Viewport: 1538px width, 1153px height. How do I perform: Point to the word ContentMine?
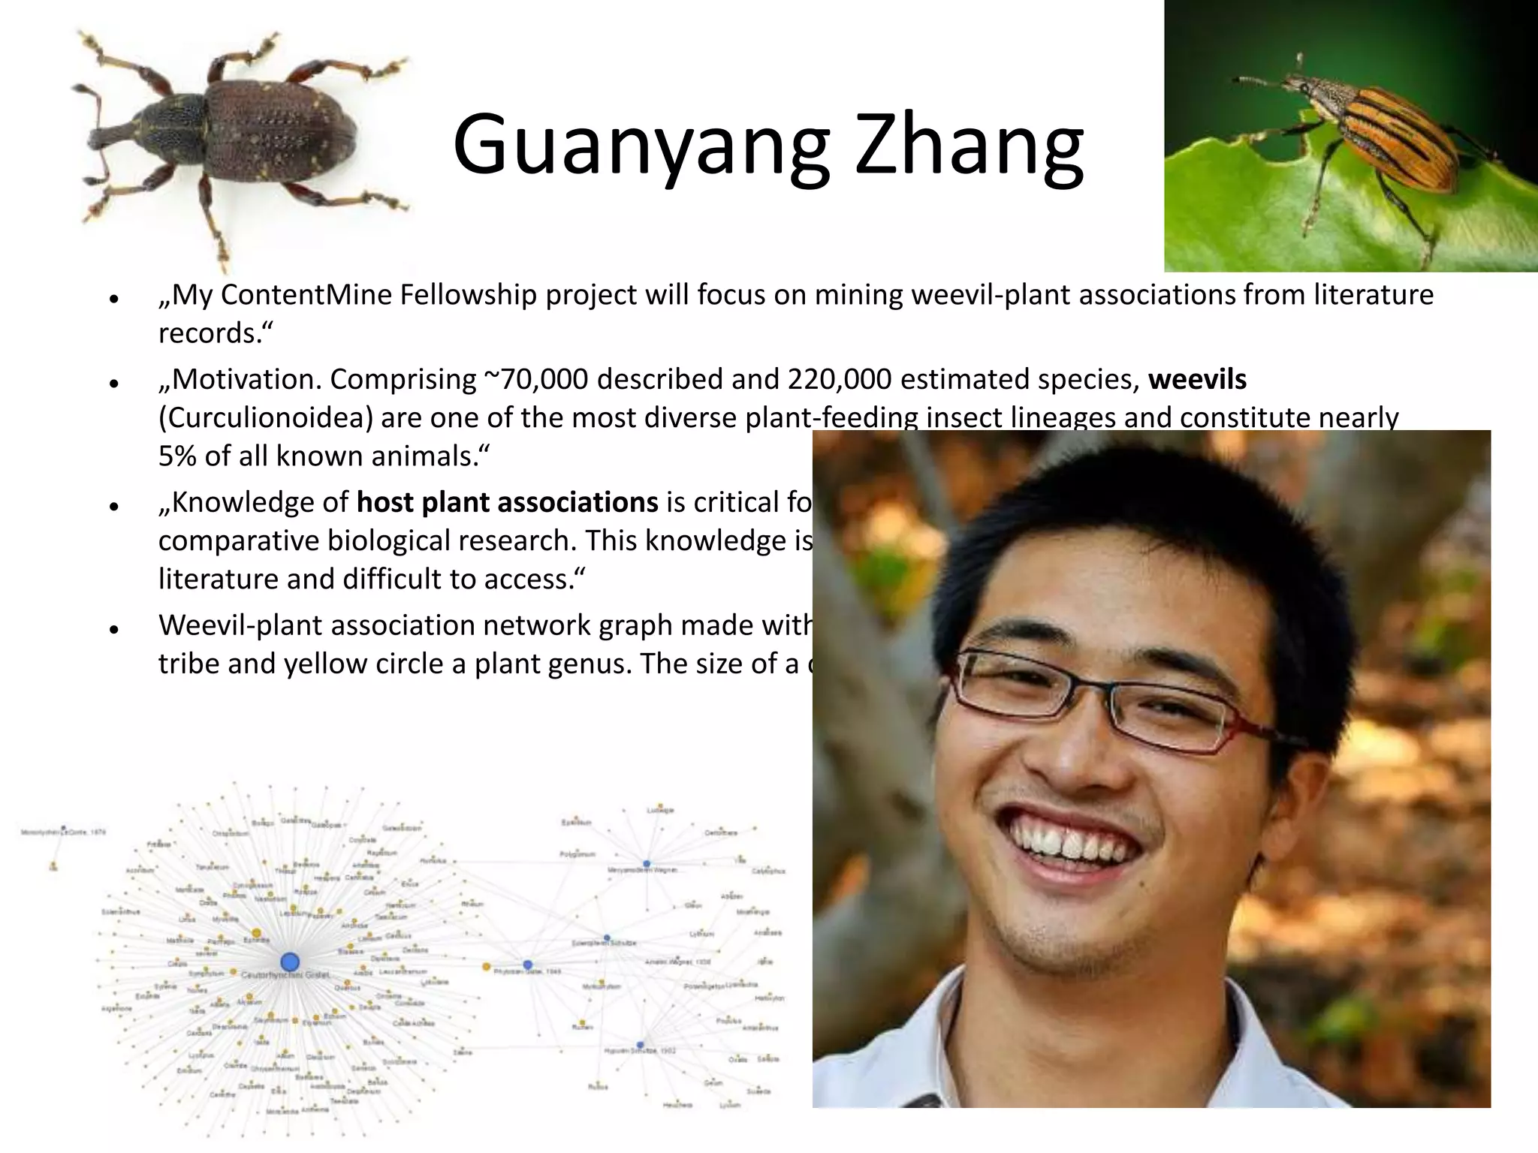pyautogui.click(x=305, y=295)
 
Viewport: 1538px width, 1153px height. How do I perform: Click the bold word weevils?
pyautogui.click(x=1197, y=380)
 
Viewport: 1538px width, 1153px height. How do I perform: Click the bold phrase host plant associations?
pyautogui.click(x=507, y=502)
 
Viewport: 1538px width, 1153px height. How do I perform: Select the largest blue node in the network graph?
pyautogui.click(x=290, y=962)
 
